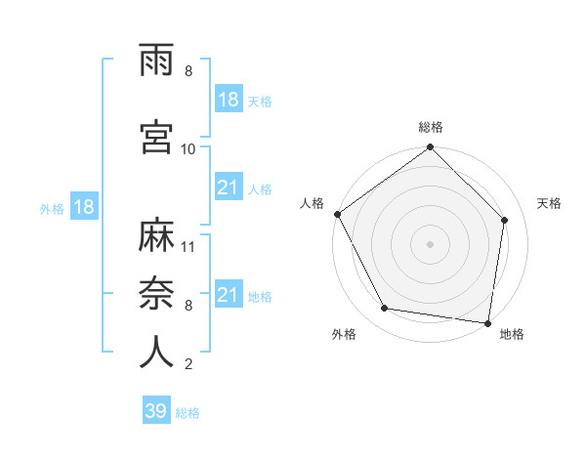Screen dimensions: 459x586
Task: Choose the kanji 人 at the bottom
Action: (156, 351)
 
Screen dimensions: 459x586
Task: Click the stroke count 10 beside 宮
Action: (188, 148)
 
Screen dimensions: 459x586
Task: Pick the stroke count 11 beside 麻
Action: (188, 246)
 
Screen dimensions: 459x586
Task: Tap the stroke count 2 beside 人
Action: (188, 364)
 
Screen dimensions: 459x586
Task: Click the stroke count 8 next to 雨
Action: (188, 71)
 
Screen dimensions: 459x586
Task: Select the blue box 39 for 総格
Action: (155, 412)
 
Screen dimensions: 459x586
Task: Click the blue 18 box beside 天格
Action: (229, 101)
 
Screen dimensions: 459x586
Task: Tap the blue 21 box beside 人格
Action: (229, 188)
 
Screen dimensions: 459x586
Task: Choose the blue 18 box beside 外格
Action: (83, 208)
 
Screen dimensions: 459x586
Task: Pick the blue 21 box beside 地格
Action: (229, 296)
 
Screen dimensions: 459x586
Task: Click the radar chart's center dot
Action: (430, 243)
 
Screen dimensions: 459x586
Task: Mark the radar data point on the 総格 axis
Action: (430, 148)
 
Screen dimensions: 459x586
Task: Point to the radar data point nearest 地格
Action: (487, 322)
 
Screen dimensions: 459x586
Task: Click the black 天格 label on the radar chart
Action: (550, 203)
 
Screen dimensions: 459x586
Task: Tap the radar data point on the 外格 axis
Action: (385, 309)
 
